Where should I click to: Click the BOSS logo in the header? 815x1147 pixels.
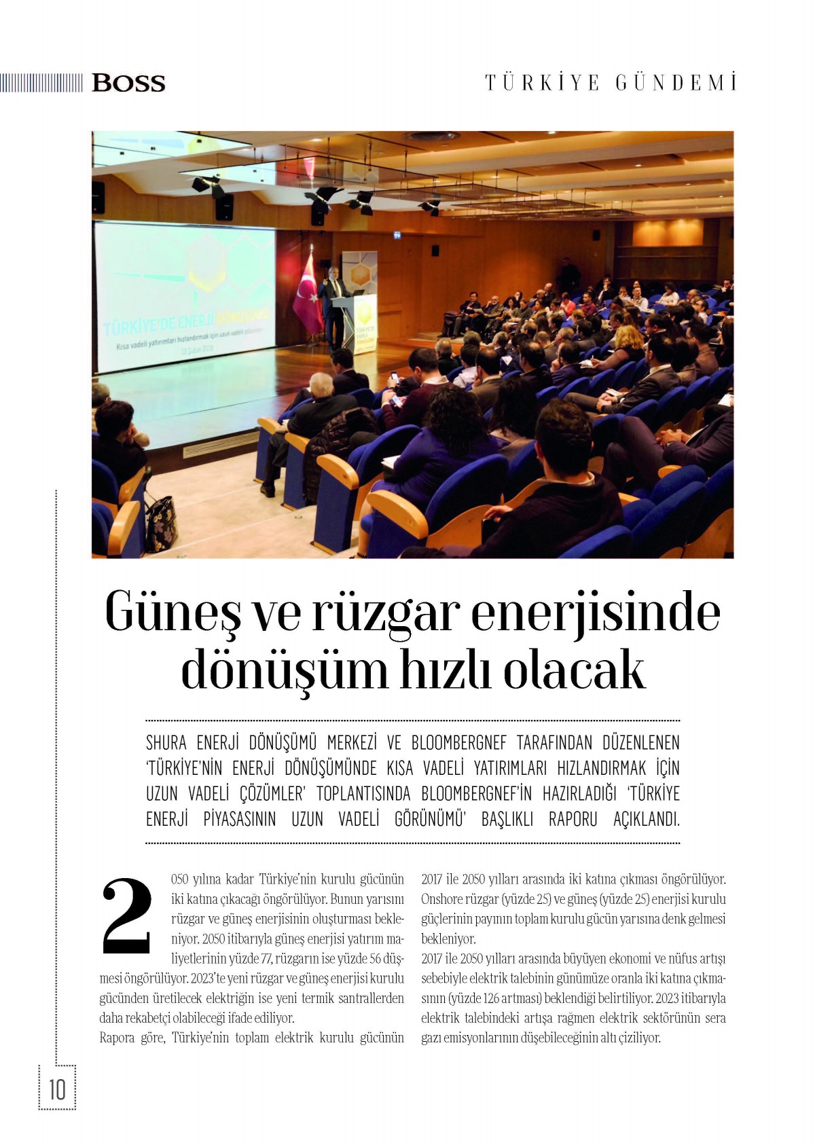tap(128, 83)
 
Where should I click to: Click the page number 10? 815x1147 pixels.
tap(57, 1089)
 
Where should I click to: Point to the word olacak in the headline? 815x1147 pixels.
tap(574, 670)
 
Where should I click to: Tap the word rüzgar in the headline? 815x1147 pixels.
tap(385, 613)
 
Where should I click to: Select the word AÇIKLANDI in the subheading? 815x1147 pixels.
tap(646, 819)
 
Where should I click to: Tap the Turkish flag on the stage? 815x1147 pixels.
tap(308, 295)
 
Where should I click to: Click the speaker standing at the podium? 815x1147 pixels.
tap(335, 306)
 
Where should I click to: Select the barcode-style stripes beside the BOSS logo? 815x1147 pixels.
tap(41, 83)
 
